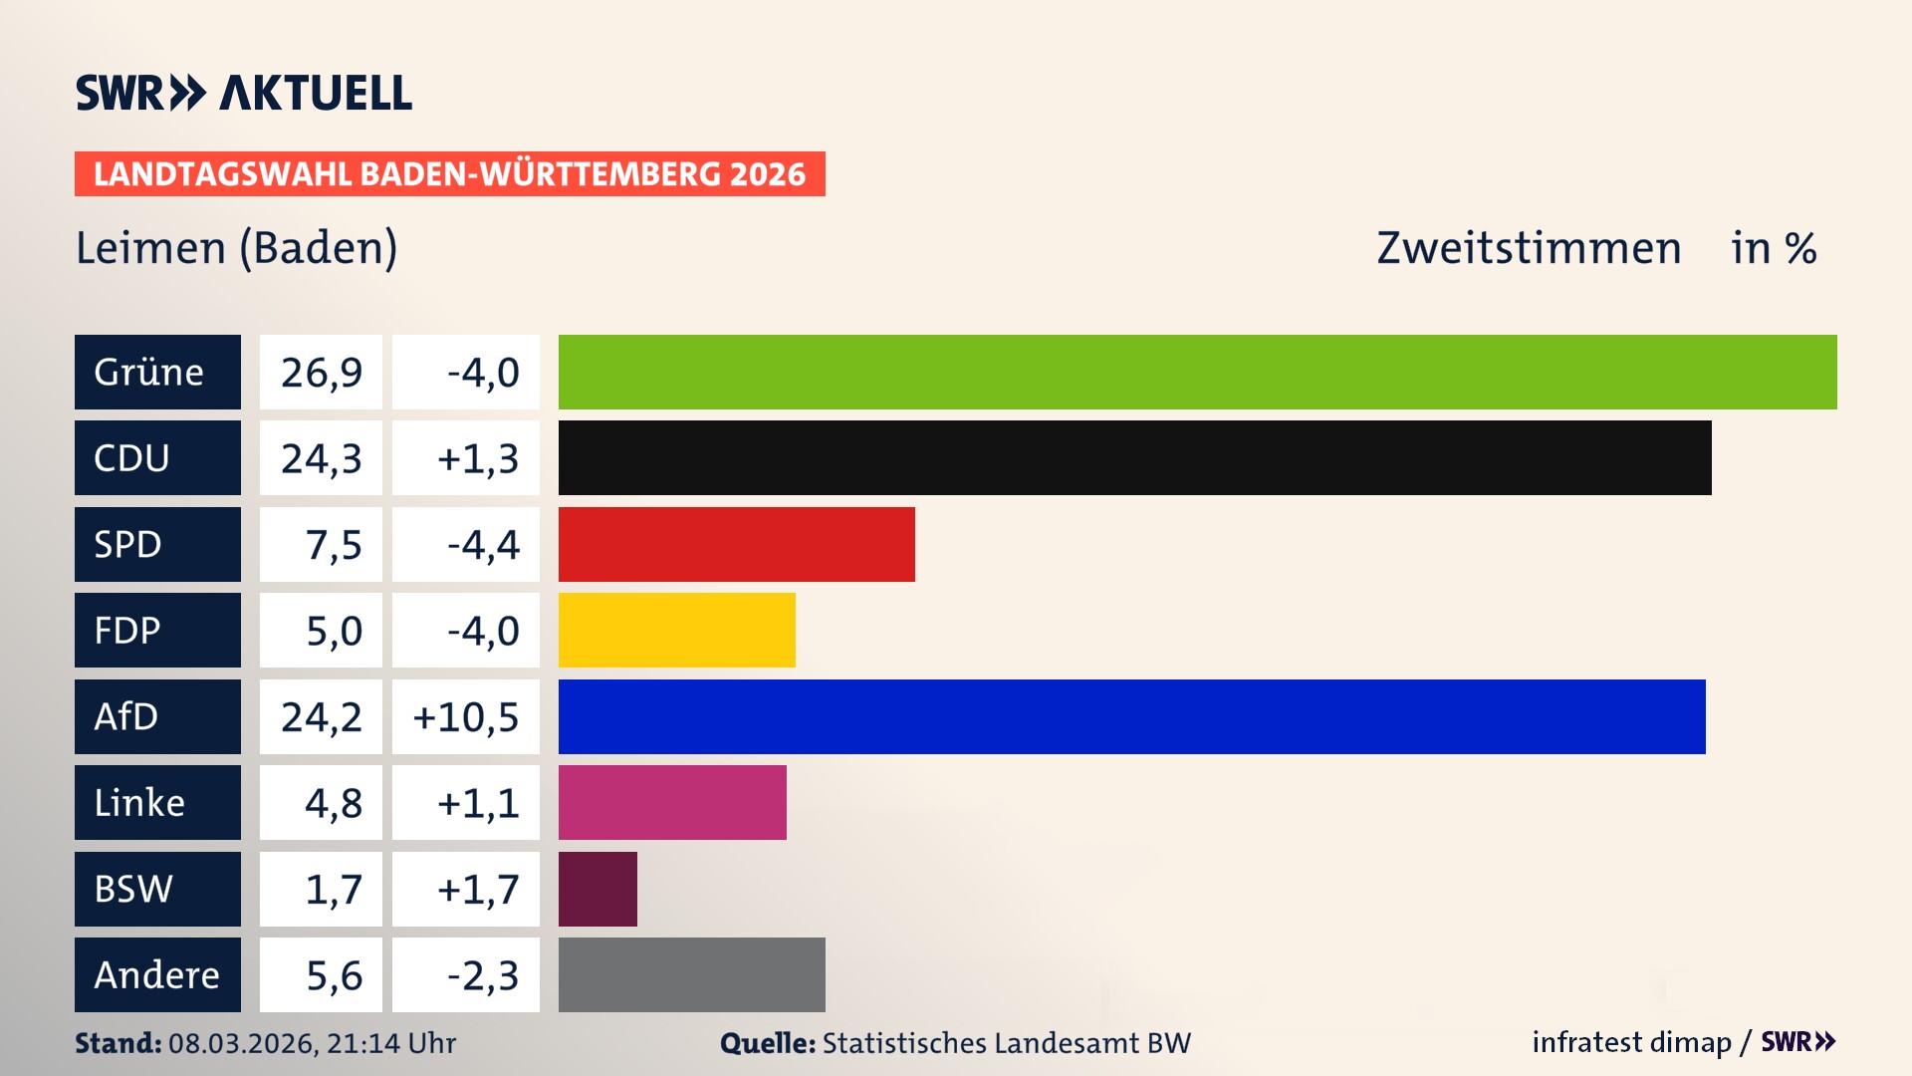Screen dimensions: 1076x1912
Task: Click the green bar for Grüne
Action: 1197,372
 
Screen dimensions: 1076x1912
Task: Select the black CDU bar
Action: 1134,458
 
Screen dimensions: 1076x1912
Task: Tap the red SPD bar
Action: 736,544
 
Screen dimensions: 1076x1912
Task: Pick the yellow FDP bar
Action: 676,630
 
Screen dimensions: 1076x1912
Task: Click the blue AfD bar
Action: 1131,716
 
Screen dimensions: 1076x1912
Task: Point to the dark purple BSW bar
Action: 597,889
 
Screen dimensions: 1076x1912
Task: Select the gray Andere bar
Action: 691,974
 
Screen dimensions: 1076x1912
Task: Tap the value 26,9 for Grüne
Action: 321,372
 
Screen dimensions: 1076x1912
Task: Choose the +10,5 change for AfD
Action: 465,716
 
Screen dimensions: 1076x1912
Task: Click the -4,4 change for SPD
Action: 483,544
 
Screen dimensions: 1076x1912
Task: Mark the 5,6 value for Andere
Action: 334,974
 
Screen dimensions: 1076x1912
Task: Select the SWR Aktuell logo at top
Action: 243,93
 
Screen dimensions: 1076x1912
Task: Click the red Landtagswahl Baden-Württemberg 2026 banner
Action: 449,173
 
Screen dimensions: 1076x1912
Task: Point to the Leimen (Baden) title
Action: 236,247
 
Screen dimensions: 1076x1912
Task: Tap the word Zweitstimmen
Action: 1528,247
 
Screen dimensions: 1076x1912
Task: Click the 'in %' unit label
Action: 1773,247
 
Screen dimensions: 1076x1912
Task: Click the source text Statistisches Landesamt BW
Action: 1006,1043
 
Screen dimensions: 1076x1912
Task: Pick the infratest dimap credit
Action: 1631,1042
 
